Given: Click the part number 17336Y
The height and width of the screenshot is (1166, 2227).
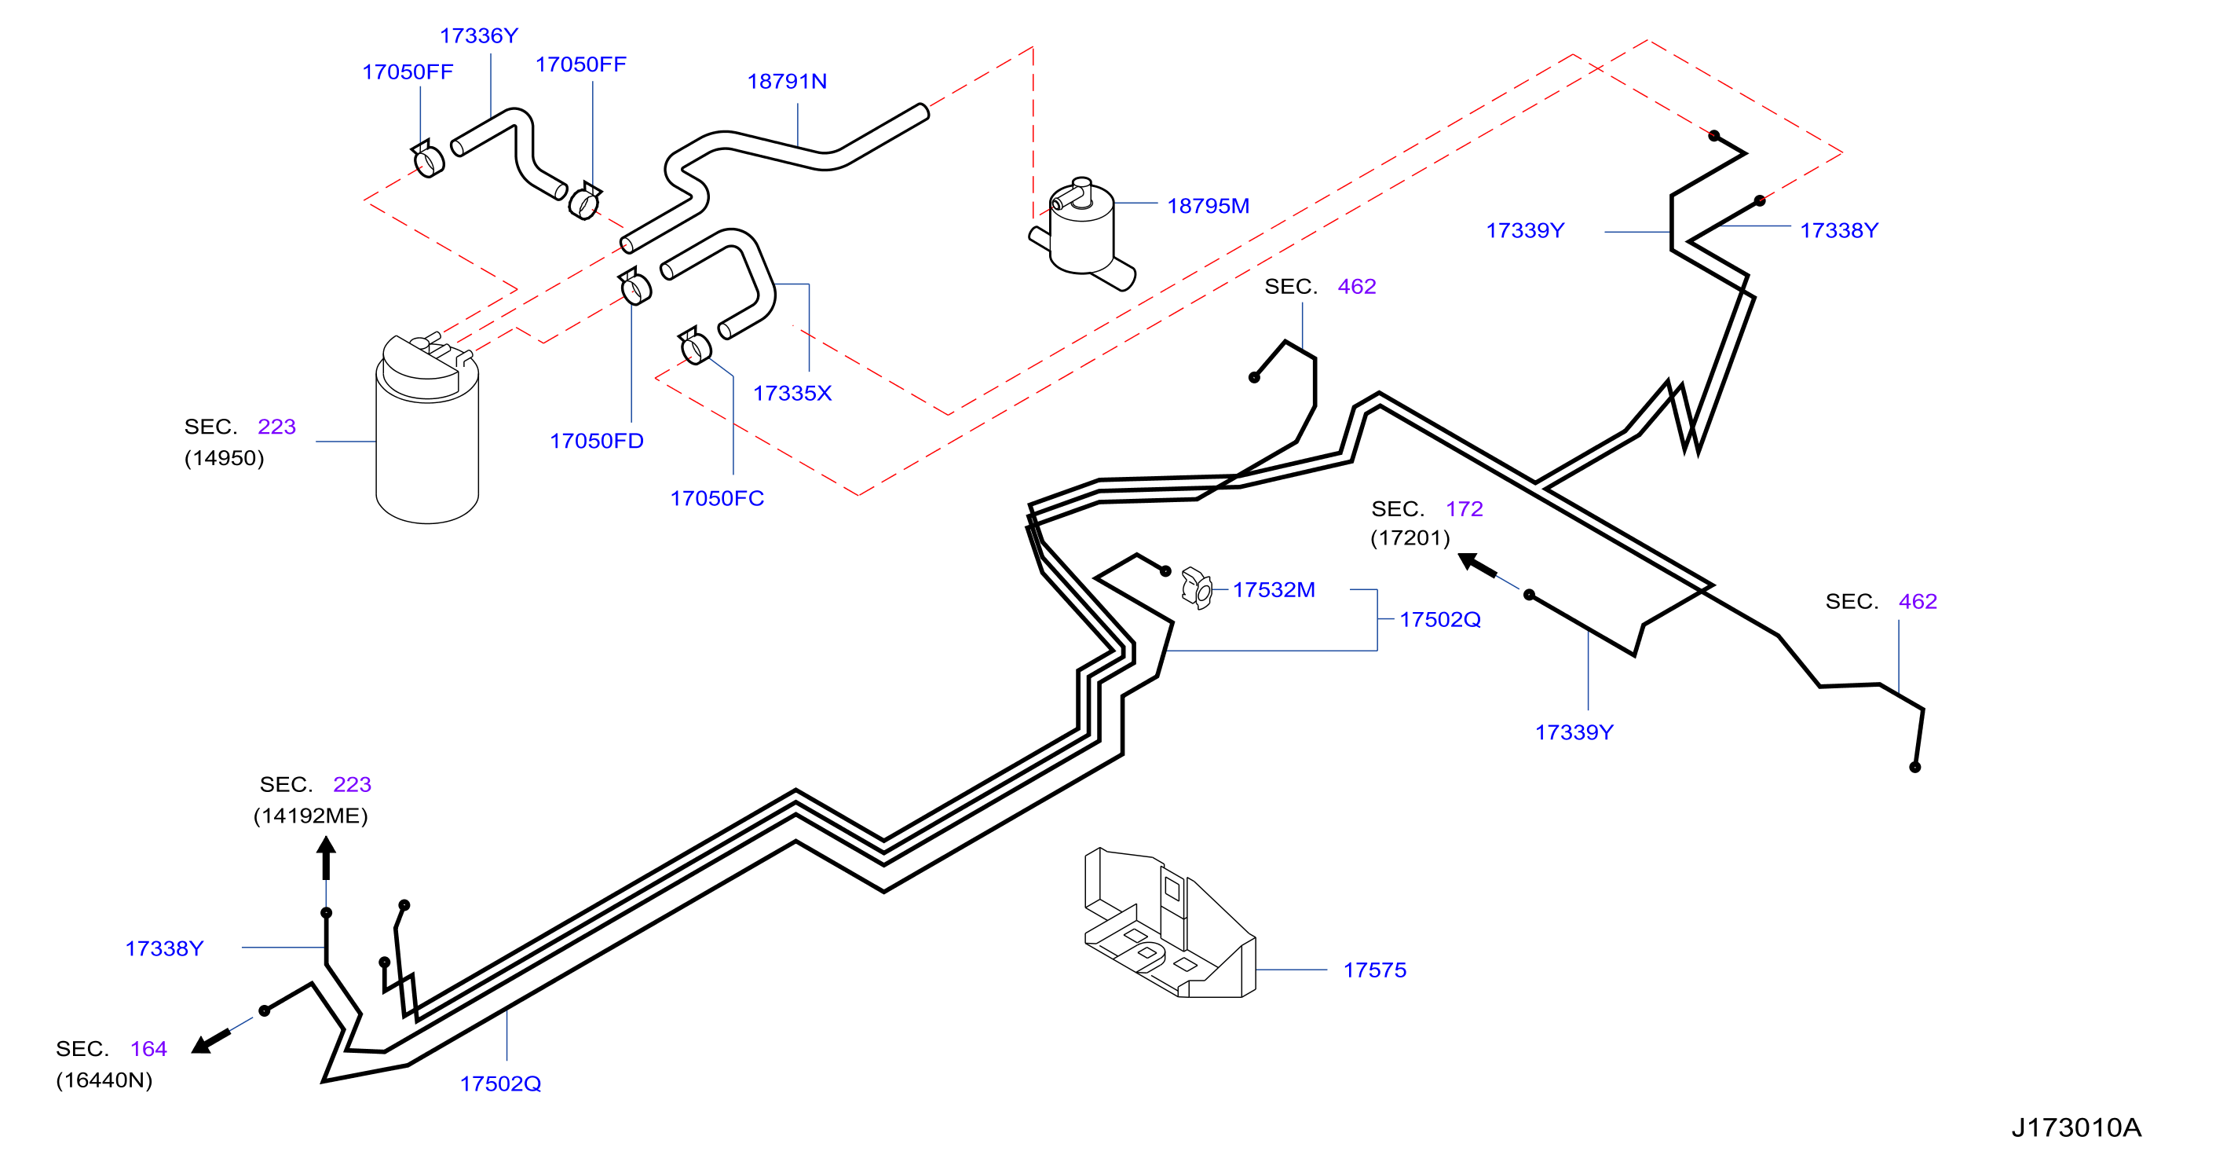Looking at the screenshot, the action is click(x=478, y=35).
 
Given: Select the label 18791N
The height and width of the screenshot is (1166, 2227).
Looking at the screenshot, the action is click(x=787, y=81).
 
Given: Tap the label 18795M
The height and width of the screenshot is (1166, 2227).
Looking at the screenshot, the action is click(x=1208, y=206).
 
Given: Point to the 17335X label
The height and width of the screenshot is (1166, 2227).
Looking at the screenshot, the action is click(x=792, y=394).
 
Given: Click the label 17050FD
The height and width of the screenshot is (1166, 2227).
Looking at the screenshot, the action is click(x=597, y=441).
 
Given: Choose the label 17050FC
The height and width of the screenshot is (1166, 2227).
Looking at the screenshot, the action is click(x=717, y=498).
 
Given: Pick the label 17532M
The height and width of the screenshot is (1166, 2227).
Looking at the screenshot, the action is click(x=1274, y=590).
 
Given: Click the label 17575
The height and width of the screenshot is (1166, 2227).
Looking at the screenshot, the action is click(x=1374, y=970).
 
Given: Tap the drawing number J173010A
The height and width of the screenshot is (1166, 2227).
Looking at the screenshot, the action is click(x=2075, y=1128).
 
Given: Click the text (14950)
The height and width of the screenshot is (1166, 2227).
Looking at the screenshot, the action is click(x=224, y=458).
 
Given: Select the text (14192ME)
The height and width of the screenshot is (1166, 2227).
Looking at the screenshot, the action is click(x=310, y=816).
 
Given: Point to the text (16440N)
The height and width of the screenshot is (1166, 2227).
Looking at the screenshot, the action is click(x=104, y=1080).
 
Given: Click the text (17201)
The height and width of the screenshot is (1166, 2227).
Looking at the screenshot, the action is click(x=1410, y=538).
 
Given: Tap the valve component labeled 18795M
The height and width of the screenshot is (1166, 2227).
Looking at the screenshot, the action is click(x=1082, y=234).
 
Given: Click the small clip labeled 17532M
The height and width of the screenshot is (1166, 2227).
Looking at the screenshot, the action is click(x=1198, y=588).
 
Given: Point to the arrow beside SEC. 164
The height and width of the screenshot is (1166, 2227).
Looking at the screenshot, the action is click(x=211, y=1041).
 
